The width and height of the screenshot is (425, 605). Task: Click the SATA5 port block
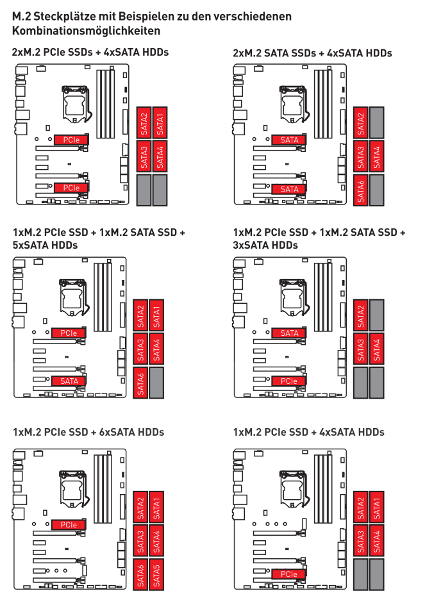pos(156,574)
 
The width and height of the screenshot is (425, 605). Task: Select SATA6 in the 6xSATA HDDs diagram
pos(140,574)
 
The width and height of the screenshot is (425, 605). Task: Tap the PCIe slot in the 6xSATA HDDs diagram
pos(69,525)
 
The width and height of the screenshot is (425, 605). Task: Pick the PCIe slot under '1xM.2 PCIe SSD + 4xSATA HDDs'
pos(288,574)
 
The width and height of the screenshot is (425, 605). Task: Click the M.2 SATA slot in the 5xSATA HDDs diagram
pos(69,381)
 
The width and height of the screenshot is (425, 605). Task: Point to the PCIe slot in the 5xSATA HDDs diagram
pos(69,333)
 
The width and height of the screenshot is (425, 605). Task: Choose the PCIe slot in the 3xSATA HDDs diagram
pos(288,381)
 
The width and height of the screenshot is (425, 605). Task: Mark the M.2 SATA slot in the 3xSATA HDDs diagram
pos(288,333)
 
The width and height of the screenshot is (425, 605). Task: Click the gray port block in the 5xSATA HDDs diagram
pos(156,383)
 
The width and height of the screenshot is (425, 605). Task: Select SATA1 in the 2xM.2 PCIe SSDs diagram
pos(160,123)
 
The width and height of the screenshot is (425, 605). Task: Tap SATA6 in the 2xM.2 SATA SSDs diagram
pos(361,190)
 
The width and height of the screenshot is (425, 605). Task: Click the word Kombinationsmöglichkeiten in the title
pos(86,31)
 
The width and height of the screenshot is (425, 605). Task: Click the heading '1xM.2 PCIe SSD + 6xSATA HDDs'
pos(88,432)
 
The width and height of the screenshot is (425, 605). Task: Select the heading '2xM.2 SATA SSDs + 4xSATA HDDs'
pos(312,53)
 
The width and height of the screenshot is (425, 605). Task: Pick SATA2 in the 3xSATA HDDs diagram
pos(361,315)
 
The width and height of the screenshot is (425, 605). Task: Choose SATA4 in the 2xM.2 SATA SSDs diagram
pos(377,156)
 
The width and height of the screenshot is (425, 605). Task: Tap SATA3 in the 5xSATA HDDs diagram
pos(140,349)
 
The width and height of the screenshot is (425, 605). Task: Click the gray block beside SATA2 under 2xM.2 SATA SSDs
pos(377,123)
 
